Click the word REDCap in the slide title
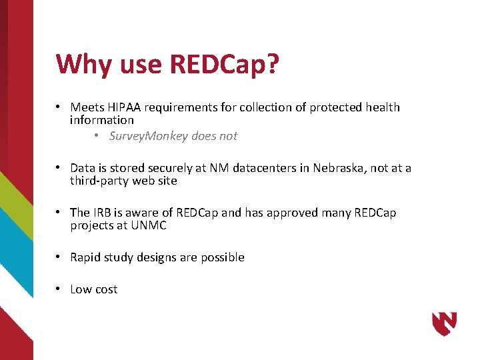pos(218,64)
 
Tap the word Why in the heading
pos(84,64)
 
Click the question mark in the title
pos(272,64)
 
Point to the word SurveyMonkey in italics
pos(147,136)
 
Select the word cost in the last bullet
pos(105,289)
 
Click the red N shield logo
pos(444,323)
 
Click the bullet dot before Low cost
pos(59,289)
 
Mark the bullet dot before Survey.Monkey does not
pos(97,136)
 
